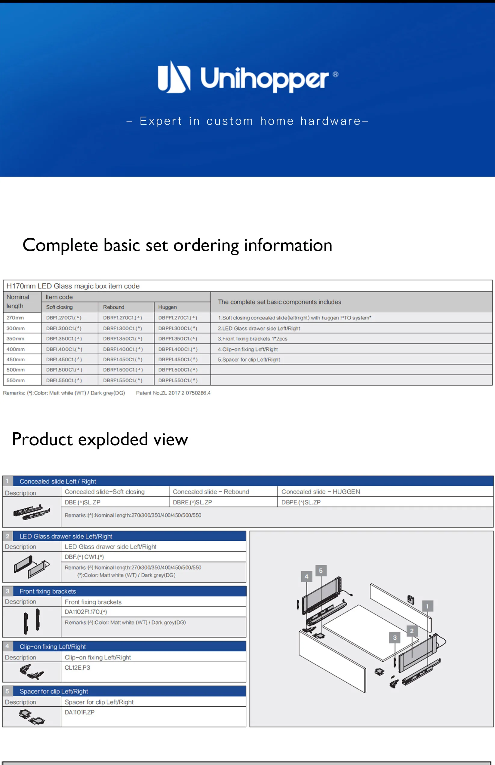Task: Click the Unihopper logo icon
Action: pos(174,77)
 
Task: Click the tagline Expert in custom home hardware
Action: pos(247,121)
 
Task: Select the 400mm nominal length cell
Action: pos(15,349)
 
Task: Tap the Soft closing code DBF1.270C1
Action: pos(64,318)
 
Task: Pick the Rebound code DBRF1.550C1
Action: pos(123,381)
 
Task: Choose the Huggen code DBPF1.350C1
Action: pos(178,339)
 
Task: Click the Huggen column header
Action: pos(168,307)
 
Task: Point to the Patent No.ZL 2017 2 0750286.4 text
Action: pos(173,393)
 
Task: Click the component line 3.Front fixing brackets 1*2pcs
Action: pos(253,339)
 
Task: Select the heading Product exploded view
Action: pos(100,439)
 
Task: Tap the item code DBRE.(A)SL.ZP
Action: pos(192,502)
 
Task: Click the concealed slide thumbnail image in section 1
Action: pos(32,512)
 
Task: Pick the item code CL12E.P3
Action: pos(78,668)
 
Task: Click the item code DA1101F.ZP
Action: pos(80,712)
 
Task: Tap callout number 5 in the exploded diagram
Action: pos(321,571)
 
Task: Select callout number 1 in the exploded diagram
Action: pos(428,606)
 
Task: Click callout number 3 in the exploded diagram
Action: pos(395,638)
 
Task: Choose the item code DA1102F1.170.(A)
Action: pos(86,612)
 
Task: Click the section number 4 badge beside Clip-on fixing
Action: pos(8,646)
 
